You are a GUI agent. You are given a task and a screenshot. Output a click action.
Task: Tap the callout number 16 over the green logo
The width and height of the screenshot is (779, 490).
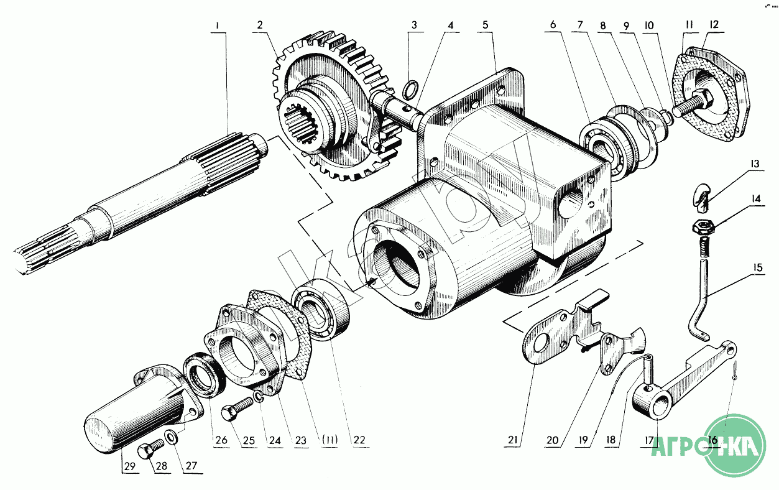point(712,440)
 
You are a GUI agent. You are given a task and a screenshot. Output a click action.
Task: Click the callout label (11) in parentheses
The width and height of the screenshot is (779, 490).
point(330,440)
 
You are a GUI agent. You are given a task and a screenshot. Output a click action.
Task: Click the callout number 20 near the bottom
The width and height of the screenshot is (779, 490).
point(552,440)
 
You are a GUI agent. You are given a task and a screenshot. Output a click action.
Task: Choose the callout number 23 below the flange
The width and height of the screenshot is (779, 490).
point(302,440)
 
